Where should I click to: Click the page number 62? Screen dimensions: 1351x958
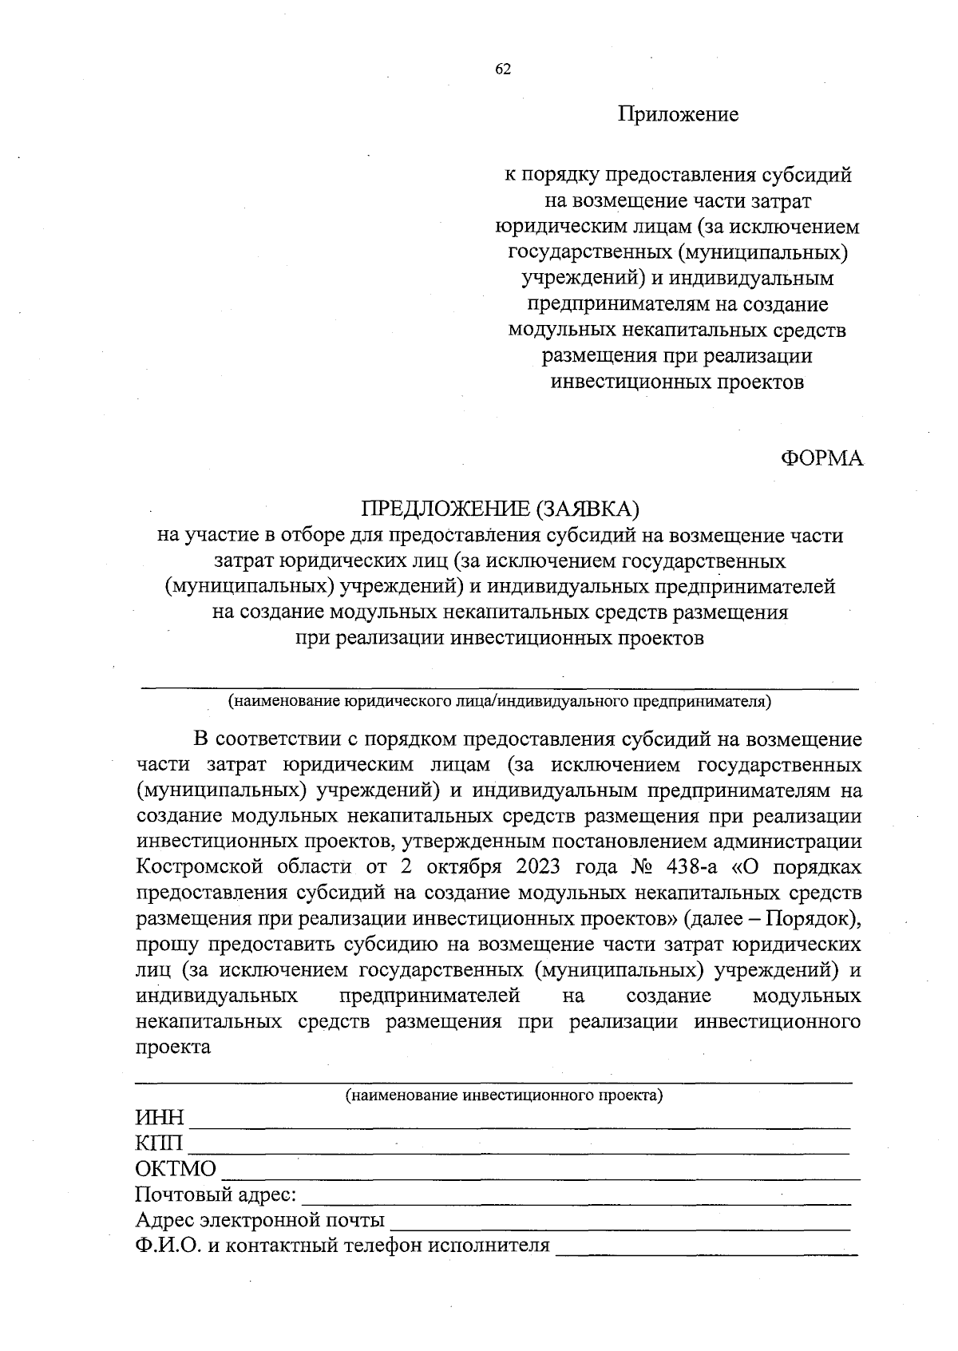point(503,69)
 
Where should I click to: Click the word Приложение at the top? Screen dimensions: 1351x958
point(679,114)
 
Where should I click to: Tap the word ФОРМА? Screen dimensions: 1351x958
point(821,458)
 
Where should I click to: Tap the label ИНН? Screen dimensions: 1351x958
point(160,1118)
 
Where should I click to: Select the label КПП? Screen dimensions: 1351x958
point(159,1143)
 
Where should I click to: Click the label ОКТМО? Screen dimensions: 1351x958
point(176,1169)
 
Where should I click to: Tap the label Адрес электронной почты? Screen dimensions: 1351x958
point(260,1221)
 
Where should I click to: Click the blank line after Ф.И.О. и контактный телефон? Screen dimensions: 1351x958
point(707,1250)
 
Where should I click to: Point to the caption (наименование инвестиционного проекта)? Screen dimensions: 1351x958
point(504,1095)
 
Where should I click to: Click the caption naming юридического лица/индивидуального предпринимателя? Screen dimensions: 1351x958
point(500,702)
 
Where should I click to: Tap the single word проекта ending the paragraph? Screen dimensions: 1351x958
point(173,1048)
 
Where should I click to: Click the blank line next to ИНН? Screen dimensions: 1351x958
point(519,1122)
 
